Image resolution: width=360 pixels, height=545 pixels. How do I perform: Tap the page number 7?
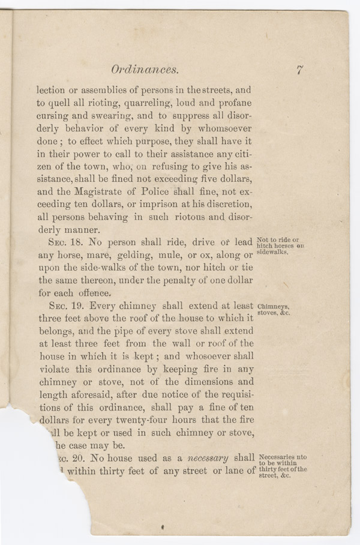(299, 70)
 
